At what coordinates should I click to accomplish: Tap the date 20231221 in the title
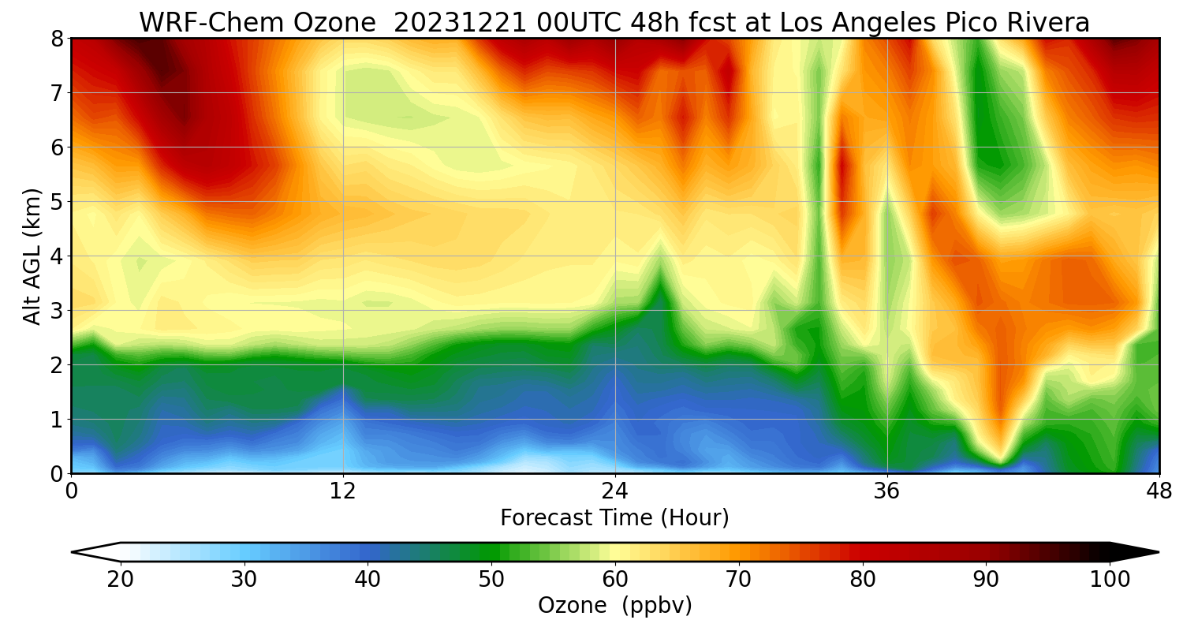pyautogui.click(x=460, y=23)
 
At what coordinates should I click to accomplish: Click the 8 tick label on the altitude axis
pyautogui.click(x=57, y=39)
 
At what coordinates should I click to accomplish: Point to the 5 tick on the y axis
pyautogui.click(x=57, y=202)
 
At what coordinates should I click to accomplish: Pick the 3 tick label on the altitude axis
pyautogui.click(x=57, y=311)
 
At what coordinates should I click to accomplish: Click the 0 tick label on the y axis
pyautogui.click(x=57, y=474)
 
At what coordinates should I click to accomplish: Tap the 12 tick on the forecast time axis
pyautogui.click(x=343, y=491)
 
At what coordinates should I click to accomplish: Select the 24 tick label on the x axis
pyautogui.click(x=615, y=491)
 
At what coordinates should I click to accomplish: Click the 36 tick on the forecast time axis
pyautogui.click(x=886, y=491)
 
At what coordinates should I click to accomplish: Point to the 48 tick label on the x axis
pyautogui.click(x=1159, y=491)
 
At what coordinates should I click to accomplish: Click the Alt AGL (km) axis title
pyautogui.click(x=32, y=256)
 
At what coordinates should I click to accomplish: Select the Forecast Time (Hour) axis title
pyautogui.click(x=614, y=518)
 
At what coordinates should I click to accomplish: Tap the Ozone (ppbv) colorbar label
pyautogui.click(x=614, y=606)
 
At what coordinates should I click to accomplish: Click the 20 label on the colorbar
pyautogui.click(x=121, y=580)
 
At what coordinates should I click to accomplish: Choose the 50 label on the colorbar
pyautogui.click(x=491, y=580)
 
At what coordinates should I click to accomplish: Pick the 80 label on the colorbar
pyautogui.click(x=863, y=580)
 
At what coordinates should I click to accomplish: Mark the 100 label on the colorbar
pyautogui.click(x=1110, y=580)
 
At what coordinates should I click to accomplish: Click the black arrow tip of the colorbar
pyautogui.click(x=1159, y=552)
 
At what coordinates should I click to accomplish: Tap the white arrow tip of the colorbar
pyautogui.click(x=73, y=552)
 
